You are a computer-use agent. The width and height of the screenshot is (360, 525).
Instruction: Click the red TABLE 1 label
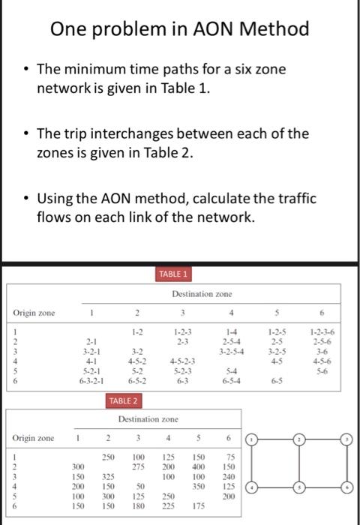pos(174,274)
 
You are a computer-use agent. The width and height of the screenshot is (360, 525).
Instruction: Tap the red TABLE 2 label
pos(124,401)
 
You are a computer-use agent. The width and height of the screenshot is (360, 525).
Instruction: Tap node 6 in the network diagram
pos(347,486)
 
